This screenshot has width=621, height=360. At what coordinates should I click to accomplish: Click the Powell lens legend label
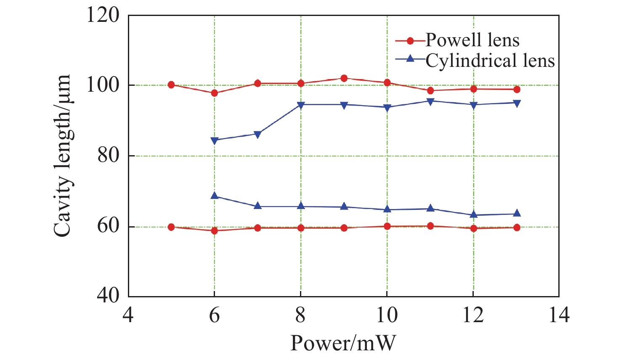coord(472,40)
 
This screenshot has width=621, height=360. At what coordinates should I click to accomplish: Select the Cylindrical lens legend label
coord(490,61)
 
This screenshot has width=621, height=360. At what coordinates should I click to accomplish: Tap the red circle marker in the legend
coord(411,41)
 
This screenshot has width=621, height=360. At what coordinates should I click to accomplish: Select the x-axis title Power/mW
coord(343,343)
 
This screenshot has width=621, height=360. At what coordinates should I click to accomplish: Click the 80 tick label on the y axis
coord(108,156)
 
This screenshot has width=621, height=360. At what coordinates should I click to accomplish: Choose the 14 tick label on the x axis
coord(559,315)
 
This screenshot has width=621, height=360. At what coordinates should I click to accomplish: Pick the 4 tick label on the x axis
coord(128,315)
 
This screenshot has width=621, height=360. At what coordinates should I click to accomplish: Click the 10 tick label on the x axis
coord(387,315)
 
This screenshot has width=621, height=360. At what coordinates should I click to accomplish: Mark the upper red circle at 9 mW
coord(344,78)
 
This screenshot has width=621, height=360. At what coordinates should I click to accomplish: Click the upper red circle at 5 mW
coord(171,85)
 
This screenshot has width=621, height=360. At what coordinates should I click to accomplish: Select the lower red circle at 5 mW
coord(171,227)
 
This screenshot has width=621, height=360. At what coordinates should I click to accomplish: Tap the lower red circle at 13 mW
coord(517,228)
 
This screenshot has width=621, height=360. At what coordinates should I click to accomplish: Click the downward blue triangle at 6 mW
coord(215,140)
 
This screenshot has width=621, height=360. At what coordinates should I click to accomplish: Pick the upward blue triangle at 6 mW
coord(215,196)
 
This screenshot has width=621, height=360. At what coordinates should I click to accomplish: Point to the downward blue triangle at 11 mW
coord(430,101)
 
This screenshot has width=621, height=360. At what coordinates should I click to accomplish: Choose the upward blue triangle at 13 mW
coord(517,213)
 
